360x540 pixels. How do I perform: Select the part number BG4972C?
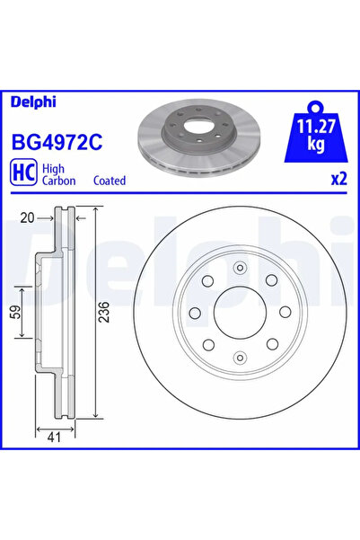point(55,141)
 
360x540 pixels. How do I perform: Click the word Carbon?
point(59,181)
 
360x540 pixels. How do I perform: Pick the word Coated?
point(110,181)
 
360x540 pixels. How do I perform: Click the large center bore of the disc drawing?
point(238,313)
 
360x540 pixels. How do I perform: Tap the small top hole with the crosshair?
point(238,267)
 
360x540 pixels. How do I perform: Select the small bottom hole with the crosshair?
point(238,359)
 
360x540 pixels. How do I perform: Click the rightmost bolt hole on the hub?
point(284,313)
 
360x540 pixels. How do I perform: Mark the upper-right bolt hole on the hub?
point(270,280)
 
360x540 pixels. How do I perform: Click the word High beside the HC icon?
point(54,167)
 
